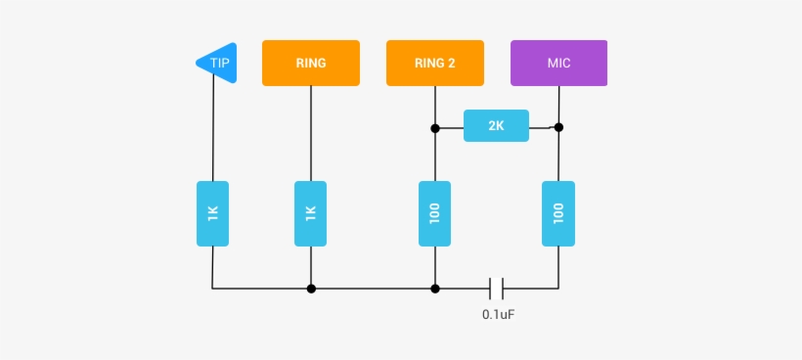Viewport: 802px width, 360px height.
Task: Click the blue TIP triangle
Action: click(217, 63)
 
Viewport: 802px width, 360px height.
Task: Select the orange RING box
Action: click(311, 63)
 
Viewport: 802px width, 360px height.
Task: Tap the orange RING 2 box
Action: click(435, 63)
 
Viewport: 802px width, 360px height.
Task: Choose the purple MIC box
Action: click(558, 63)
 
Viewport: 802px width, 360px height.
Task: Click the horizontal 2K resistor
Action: click(496, 126)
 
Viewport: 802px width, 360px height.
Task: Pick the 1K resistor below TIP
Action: click(212, 213)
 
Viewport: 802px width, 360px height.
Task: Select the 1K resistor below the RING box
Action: click(311, 213)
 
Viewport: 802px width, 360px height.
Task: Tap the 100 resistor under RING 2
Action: click(435, 213)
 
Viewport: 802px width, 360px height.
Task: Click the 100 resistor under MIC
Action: click(558, 213)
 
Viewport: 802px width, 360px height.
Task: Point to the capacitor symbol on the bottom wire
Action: click(497, 289)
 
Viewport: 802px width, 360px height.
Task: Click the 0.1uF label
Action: click(499, 315)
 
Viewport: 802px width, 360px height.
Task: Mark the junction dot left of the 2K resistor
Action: click(435, 127)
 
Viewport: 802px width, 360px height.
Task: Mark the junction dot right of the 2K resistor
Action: click(558, 127)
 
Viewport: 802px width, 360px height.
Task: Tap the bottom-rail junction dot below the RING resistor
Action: click(311, 289)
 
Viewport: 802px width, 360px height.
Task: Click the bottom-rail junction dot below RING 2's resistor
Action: click(435, 289)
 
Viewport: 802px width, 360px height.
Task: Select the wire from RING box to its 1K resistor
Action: click(311, 132)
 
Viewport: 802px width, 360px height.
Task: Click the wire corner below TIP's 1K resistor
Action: click(212, 289)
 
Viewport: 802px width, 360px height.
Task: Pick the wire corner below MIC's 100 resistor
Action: click(558, 289)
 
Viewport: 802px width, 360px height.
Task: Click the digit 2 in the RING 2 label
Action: click(451, 63)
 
